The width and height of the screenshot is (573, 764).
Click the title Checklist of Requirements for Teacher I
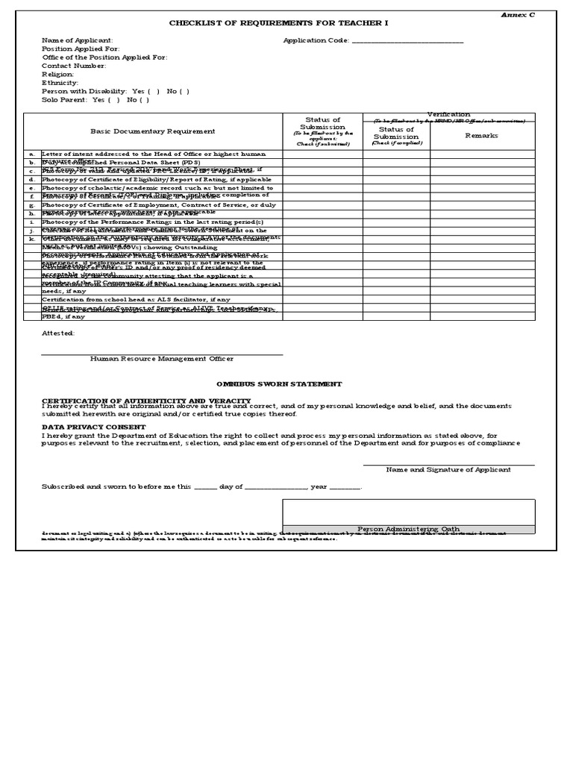click(x=278, y=23)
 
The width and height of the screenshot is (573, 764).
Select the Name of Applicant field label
click(x=78, y=40)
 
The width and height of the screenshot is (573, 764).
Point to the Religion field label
click(x=58, y=75)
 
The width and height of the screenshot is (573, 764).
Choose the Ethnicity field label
click(x=60, y=83)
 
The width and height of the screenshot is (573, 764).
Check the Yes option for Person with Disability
click(x=147, y=91)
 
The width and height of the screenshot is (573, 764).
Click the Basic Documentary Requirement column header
click(x=153, y=131)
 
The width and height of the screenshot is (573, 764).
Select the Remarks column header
click(x=481, y=136)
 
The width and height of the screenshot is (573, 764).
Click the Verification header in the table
click(x=448, y=114)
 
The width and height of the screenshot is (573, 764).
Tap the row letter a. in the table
click(x=32, y=154)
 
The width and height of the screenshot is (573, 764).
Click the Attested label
click(x=58, y=334)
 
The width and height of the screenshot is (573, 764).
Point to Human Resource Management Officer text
click(x=162, y=359)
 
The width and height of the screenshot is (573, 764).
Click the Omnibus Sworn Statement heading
click(x=279, y=383)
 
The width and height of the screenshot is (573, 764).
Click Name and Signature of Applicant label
click(x=448, y=470)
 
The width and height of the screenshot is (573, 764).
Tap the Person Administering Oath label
click(x=408, y=529)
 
